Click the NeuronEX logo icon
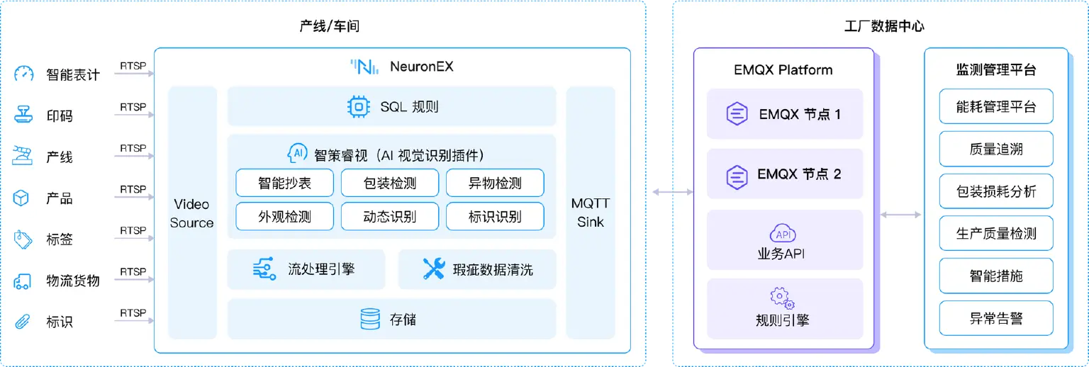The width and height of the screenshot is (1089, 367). tap(362, 67)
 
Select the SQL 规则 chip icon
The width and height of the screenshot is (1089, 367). tap(358, 107)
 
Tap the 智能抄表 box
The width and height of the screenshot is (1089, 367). tap(284, 183)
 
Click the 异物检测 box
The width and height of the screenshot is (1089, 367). tap(495, 183)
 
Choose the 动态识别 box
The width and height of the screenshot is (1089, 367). tap(389, 217)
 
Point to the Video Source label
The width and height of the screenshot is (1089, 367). tap(191, 213)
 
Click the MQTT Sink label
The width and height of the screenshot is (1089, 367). tap(590, 213)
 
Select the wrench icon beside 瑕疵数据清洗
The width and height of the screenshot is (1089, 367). tap(433, 269)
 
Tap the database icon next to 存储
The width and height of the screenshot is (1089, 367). tap(369, 320)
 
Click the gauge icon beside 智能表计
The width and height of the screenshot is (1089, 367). tap(24, 74)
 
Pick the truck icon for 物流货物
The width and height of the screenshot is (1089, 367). tap(23, 281)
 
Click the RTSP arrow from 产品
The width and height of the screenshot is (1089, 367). tap(132, 198)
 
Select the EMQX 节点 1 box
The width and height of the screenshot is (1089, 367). tap(784, 114)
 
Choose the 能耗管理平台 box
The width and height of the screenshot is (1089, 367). tap(996, 107)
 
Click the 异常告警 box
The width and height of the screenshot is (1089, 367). tap(996, 318)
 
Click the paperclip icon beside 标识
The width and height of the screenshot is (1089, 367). tap(23, 322)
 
